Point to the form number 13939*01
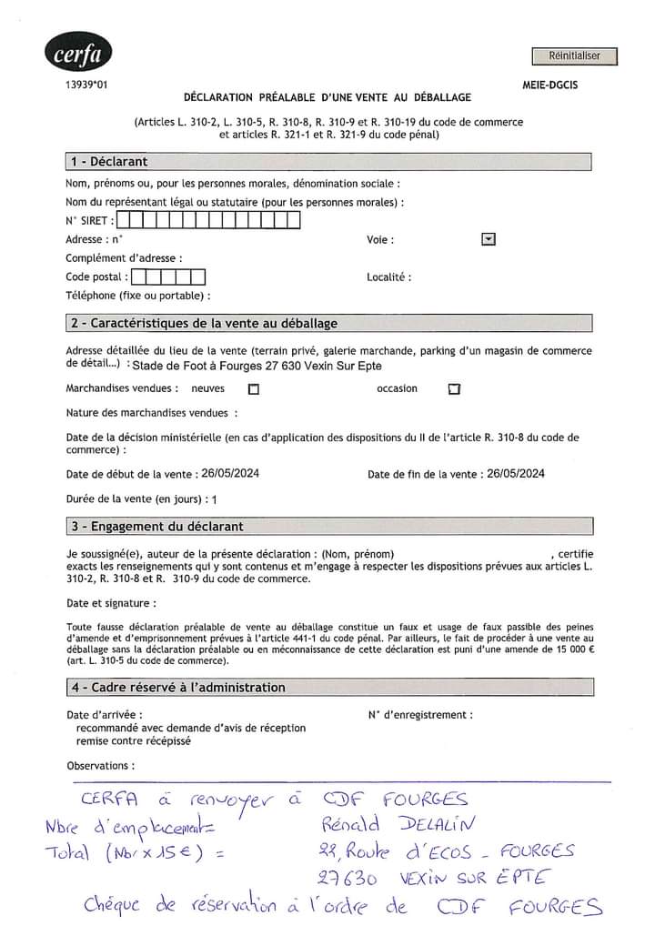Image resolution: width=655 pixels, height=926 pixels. (86, 85)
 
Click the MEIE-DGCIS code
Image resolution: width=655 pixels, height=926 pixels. (549, 85)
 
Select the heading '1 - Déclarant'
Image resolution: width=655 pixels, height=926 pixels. (108, 162)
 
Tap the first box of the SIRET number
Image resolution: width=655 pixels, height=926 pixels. (124, 219)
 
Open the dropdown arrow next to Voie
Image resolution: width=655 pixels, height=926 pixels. (489, 239)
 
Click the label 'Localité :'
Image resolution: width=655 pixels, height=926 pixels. (388, 277)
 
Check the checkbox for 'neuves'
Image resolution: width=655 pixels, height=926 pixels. (254, 389)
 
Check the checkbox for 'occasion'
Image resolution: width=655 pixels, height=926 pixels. (454, 389)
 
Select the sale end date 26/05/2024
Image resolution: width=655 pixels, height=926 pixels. (516, 474)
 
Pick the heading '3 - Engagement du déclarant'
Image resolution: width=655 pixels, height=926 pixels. (156, 527)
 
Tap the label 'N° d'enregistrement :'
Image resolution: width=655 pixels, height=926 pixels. (420, 715)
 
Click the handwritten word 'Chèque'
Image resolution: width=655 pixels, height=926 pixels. (116, 905)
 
